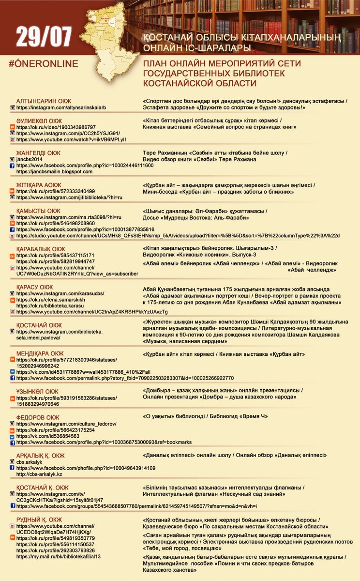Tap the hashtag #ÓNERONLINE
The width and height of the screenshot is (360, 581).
tap(44, 64)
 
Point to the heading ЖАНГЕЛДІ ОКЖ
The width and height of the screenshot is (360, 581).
tap(38, 153)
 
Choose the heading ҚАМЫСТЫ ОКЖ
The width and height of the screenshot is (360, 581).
tap(38, 211)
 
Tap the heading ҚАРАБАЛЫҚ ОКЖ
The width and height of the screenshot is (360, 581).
tap(41, 249)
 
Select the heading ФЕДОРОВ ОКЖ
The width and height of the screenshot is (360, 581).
tap(38, 417)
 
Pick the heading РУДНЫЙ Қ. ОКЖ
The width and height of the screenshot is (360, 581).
tap(39, 520)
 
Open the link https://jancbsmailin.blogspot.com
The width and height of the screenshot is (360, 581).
tap(54, 171)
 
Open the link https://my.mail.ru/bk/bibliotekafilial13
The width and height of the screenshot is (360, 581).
tap(58, 557)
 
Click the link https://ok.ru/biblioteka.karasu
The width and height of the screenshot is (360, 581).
tap(53, 306)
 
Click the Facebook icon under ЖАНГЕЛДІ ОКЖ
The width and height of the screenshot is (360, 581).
tap(13, 166)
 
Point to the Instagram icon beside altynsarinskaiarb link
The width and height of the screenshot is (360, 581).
tap(13, 107)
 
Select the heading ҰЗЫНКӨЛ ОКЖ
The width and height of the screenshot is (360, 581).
tap(37, 392)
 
